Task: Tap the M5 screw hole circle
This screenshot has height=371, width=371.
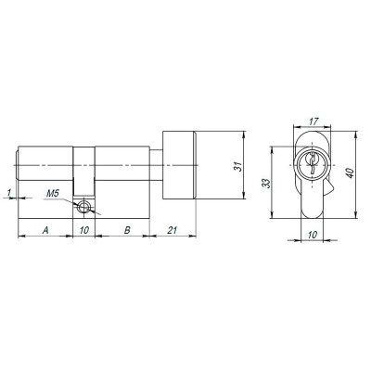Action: [85, 209]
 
